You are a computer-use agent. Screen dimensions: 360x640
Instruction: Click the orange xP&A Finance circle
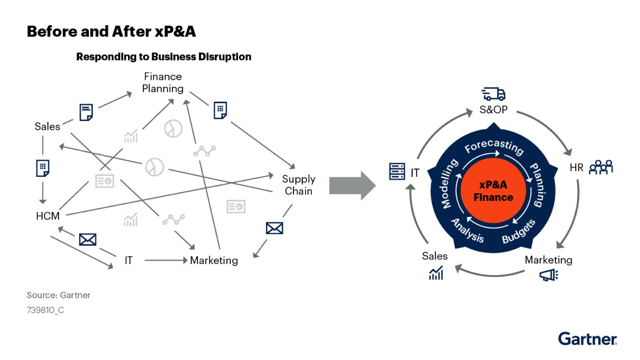coord(493,191)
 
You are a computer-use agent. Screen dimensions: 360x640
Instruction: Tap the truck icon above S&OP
coord(493,94)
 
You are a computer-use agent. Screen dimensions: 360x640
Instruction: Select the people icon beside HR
coord(601,167)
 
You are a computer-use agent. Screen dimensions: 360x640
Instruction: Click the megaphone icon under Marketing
coord(548,275)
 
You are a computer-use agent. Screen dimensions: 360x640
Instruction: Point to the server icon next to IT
coord(397,172)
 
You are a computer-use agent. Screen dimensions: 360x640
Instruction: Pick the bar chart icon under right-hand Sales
coord(436,273)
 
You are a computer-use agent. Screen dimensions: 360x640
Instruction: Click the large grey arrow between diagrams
coord(352,186)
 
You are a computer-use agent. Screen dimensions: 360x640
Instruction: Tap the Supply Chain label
coord(298,185)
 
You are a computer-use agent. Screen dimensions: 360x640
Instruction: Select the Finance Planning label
coord(163,82)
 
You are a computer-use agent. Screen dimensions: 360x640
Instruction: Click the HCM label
coord(48,216)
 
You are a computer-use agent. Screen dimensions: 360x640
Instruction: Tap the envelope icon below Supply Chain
coord(274,228)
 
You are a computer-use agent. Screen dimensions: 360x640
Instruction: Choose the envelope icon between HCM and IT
coord(88,240)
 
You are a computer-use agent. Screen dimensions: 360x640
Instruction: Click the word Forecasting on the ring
coord(494,146)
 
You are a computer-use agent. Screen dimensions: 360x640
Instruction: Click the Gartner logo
coord(587,339)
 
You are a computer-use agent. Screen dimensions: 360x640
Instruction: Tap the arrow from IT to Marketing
coord(166,260)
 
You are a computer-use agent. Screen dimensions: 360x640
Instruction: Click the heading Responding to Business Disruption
coord(164,57)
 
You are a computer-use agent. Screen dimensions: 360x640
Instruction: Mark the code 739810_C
coord(45,310)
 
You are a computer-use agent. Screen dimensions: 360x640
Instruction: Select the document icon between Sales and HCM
coord(43,168)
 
